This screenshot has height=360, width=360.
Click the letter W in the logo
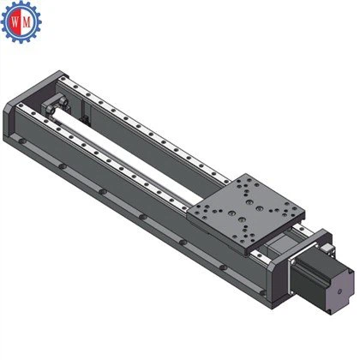tap(15, 21)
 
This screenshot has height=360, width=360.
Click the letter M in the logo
tap(27, 21)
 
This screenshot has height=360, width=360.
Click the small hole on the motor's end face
tap(339, 291)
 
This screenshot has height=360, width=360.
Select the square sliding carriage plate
tap(246, 213)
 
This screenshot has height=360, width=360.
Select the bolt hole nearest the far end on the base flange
tap(22, 141)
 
